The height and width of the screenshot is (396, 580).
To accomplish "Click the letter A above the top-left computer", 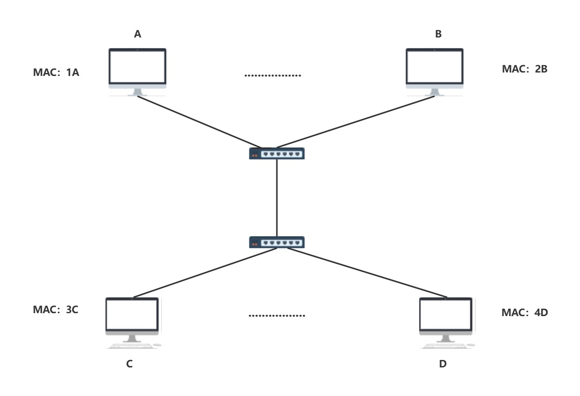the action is (x=137, y=34).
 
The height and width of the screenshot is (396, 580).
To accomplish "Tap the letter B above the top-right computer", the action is (x=439, y=34).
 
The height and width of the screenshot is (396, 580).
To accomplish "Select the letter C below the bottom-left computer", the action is (x=130, y=364).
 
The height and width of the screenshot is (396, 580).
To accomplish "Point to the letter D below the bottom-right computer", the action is (x=443, y=364).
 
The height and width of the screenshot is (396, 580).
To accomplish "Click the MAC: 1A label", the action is (x=56, y=72).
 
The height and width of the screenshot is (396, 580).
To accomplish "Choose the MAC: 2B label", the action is (x=524, y=69).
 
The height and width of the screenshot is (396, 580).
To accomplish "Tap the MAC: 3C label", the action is (x=56, y=309).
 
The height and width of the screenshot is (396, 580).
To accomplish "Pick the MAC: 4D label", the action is (x=524, y=312).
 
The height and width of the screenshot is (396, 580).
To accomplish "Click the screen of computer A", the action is (x=137, y=67).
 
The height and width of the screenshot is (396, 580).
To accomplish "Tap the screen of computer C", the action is (x=132, y=314).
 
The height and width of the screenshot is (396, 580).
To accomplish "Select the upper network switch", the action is (x=276, y=153).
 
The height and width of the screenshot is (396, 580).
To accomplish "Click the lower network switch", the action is (x=276, y=243).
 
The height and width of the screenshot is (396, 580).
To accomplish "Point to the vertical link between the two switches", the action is (x=276, y=198).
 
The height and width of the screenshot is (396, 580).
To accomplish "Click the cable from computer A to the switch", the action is (x=200, y=122).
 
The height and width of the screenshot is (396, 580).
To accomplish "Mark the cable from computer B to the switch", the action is (x=355, y=122).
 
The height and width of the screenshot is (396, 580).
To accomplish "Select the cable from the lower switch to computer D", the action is (x=367, y=273).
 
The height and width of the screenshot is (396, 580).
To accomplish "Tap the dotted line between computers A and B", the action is (x=273, y=75).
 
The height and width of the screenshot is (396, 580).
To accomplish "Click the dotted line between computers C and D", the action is (x=276, y=316).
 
